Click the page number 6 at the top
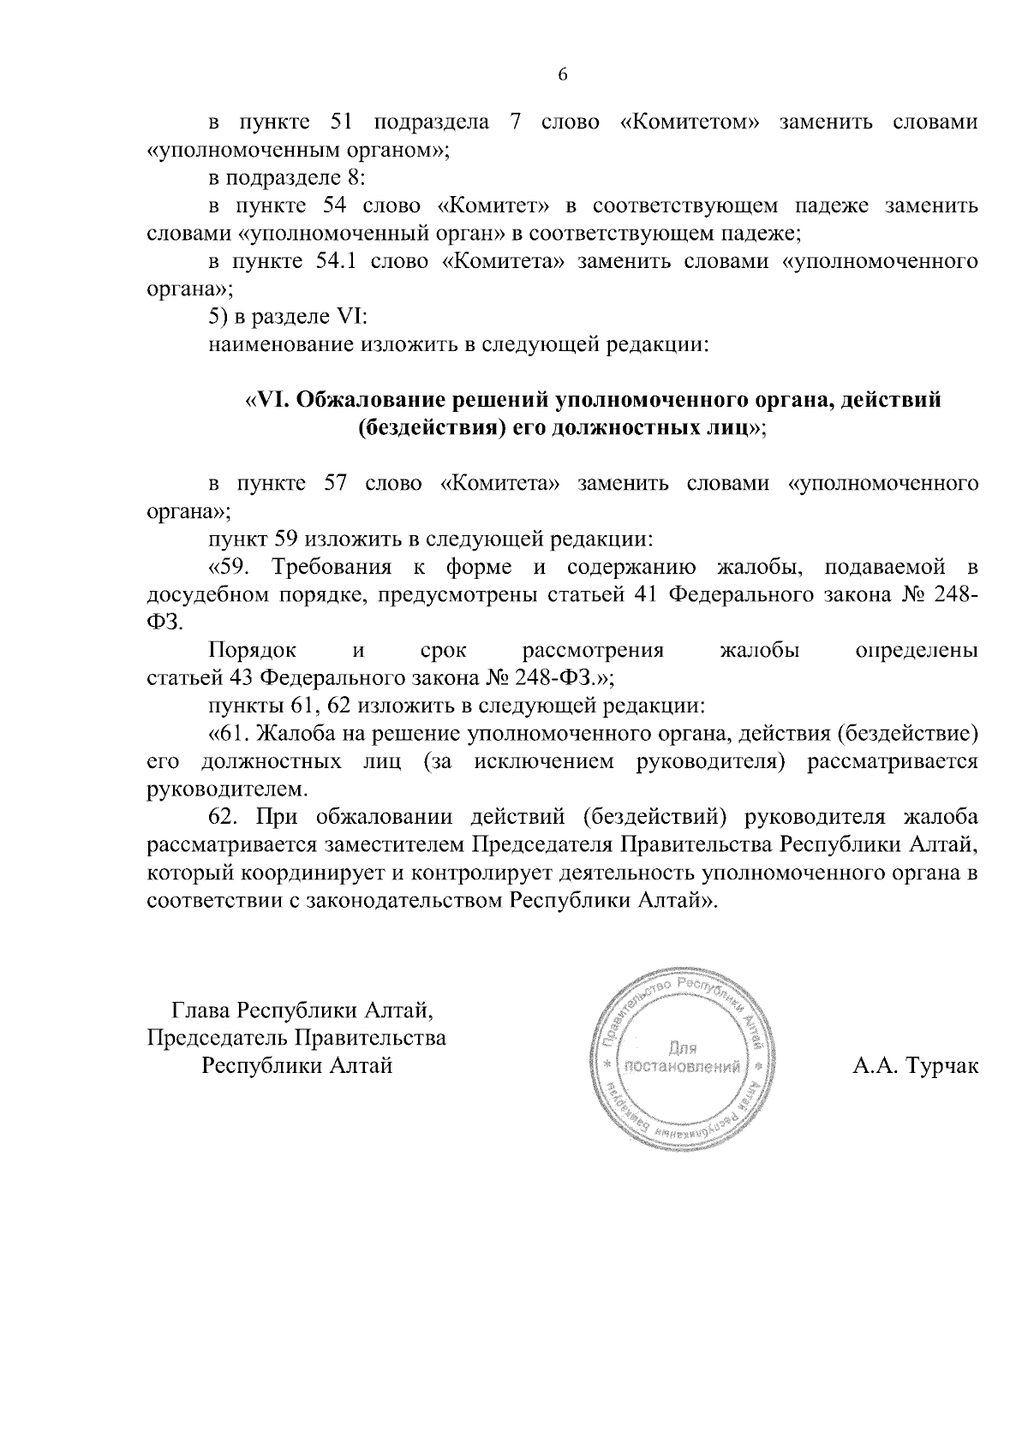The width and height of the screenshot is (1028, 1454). click(563, 74)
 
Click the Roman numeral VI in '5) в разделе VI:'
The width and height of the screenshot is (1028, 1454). click(352, 317)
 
